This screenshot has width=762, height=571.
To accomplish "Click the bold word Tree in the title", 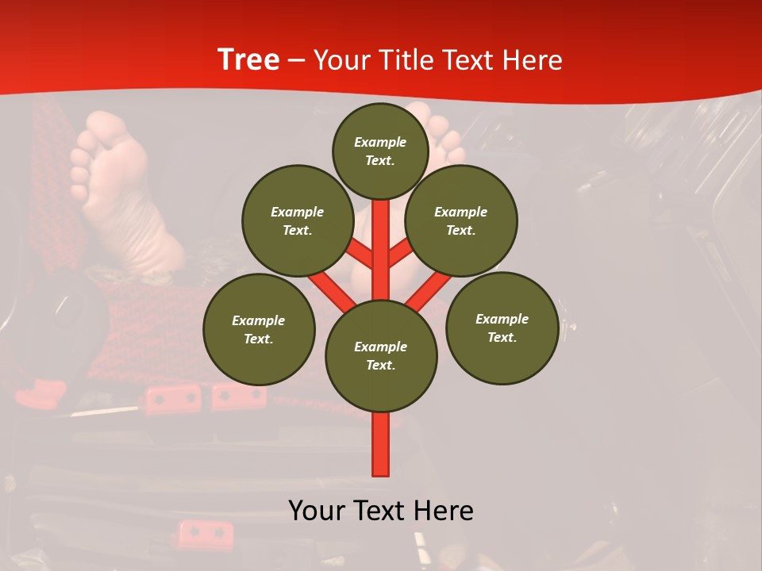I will [x=248, y=60].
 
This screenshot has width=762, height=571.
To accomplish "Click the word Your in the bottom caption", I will [x=317, y=511].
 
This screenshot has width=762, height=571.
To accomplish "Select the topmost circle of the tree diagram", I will [x=380, y=151].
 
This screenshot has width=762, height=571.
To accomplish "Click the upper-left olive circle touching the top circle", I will [x=298, y=220].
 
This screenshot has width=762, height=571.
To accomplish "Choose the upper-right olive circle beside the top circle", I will [x=461, y=220].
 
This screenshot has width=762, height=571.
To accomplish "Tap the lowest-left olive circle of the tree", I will [x=259, y=329].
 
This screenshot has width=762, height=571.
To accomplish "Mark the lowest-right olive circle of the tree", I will [x=502, y=328].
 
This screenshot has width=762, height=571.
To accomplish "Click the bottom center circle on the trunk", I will [x=381, y=356].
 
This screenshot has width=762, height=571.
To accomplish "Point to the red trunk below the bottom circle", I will [x=381, y=444].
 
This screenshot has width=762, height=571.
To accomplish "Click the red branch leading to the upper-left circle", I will [x=360, y=256].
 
